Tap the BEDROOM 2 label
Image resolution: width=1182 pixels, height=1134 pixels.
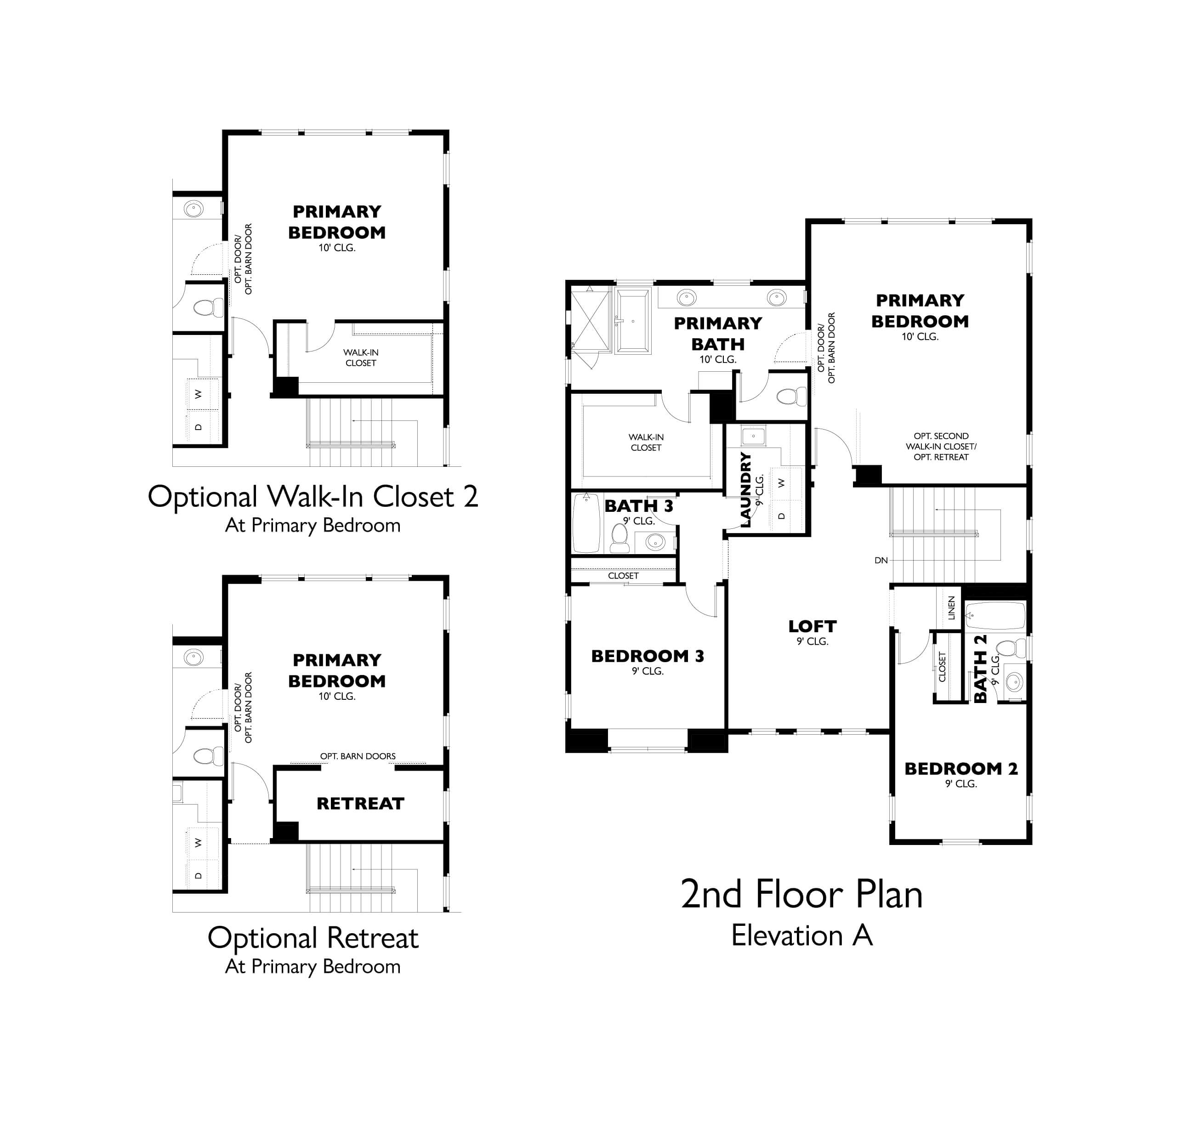(x=960, y=769)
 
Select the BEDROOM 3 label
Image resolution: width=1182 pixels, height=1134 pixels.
(x=647, y=656)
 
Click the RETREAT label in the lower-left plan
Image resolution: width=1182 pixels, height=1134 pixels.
(x=360, y=804)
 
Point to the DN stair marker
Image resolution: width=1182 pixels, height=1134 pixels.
(x=881, y=560)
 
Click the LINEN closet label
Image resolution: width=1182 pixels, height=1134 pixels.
(x=951, y=608)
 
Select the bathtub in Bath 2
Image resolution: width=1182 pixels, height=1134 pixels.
(x=995, y=616)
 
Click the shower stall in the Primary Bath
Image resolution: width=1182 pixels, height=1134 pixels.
(x=589, y=321)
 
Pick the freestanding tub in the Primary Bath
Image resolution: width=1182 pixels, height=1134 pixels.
(x=633, y=321)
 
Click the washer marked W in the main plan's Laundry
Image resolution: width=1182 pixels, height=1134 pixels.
(x=782, y=483)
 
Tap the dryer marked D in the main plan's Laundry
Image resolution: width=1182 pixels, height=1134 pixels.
(x=782, y=516)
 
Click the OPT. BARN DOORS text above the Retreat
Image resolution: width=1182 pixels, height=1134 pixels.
(x=358, y=756)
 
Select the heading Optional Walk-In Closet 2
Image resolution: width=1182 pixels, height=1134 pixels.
(x=313, y=497)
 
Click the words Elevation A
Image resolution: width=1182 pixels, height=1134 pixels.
(x=801, y=936)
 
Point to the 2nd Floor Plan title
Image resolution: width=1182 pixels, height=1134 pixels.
(x=801, y=895)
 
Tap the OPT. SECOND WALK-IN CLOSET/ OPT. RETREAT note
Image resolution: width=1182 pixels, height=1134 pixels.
(x=941, y=446)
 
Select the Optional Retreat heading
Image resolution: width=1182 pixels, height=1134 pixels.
(x=313, y=938)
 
